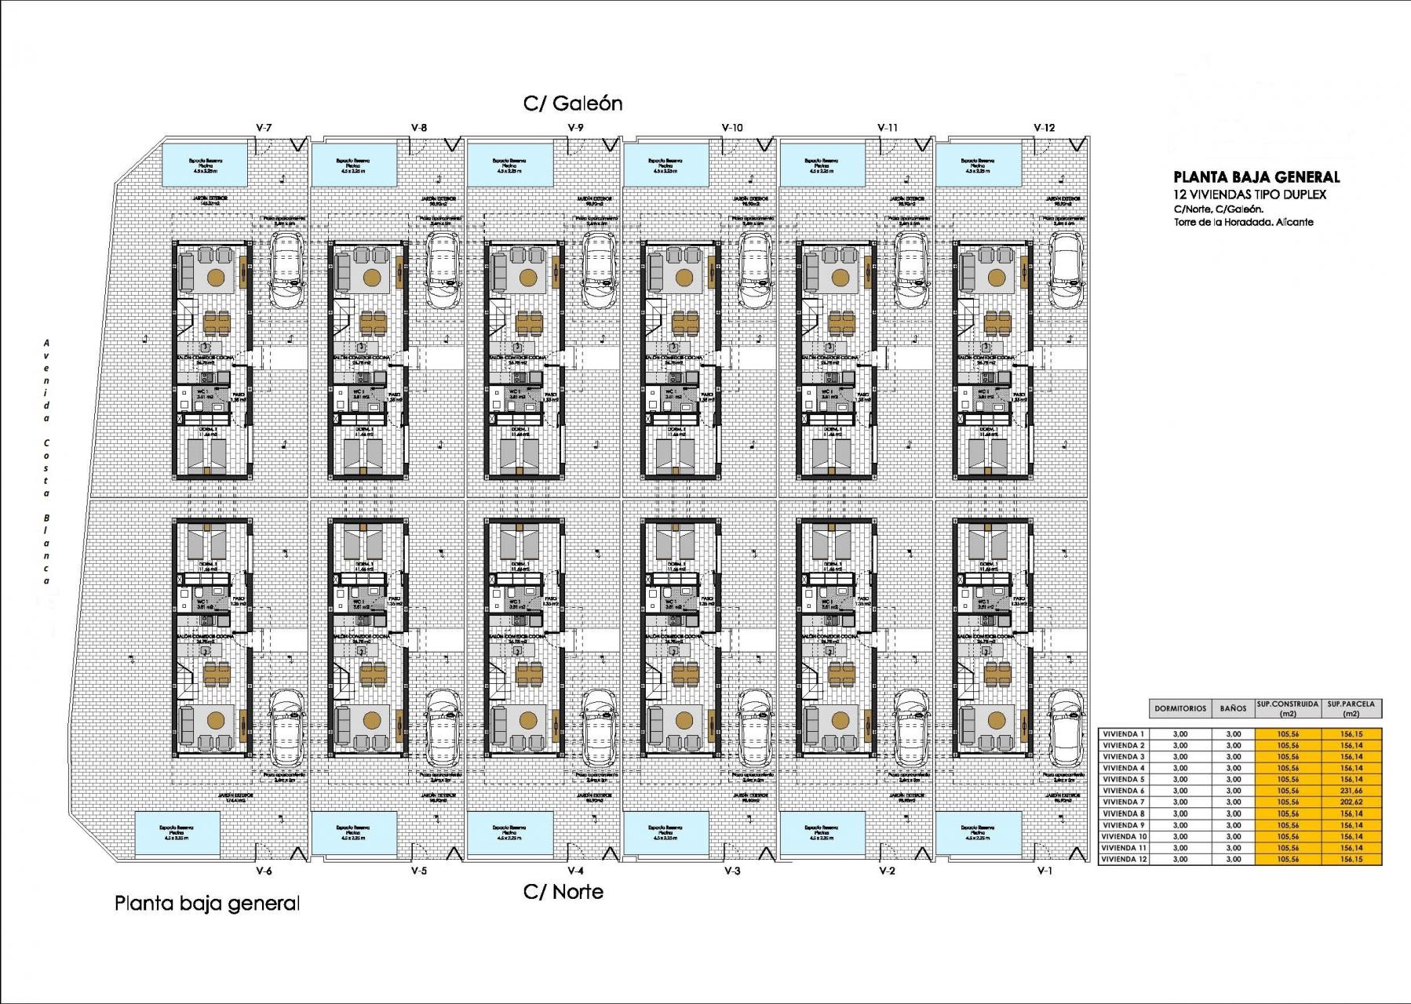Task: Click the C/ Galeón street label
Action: [573, 104]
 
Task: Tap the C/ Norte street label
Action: [563, 891]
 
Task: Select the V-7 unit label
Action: [264, 127]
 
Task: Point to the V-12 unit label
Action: [1044, 127]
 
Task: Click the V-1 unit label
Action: [1044, 871]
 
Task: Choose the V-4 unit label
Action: [575, 871]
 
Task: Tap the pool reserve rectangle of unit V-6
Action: [177, 833]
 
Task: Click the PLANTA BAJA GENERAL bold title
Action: [1256, 178]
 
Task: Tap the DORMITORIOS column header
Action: [1179, 708]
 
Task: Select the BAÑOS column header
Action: [1233, 708]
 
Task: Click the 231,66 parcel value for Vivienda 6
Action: [1351, 791]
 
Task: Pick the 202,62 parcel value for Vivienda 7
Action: [1351, 802]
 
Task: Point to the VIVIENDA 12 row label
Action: [1125, 860]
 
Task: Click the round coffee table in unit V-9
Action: [528, 277]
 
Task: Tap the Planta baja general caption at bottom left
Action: [207, 904]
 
